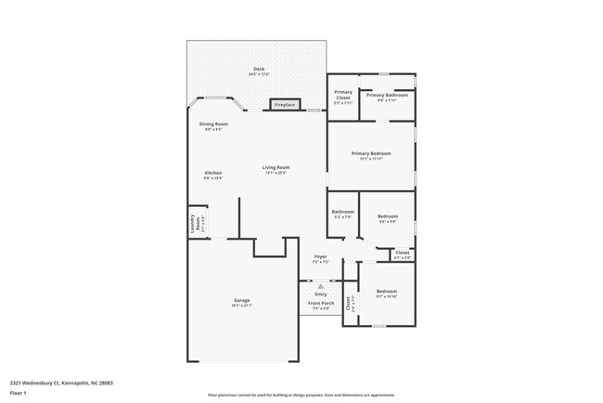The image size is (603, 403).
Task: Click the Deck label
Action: click(259, 70)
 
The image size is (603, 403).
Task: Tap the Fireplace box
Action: click(284, 105)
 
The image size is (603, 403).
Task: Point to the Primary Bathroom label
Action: click(387, 95)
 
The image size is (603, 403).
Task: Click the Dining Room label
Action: click(213, 123)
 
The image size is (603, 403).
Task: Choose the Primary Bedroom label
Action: click(370, 153)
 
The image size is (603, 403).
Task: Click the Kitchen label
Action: click(213, 174)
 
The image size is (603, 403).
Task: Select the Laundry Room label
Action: click(197, 224)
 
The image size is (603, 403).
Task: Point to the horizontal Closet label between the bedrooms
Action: click(403, 252)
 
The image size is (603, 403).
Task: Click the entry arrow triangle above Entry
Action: click(320, 286)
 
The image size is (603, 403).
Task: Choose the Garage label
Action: click(241, 300)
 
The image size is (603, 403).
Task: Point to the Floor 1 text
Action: click(19, 390)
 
